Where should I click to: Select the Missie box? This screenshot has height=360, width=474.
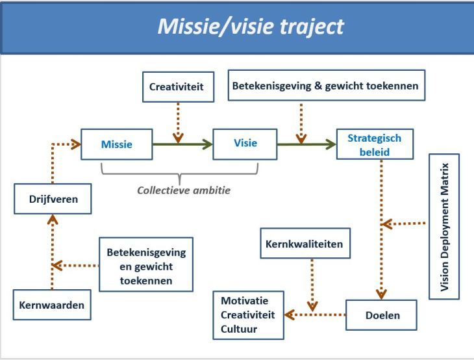coord(116,144)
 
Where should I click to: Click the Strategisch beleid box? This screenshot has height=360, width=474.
coord(374,144)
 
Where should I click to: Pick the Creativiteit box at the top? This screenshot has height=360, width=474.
coord(177,87)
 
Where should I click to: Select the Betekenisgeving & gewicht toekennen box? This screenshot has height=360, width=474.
coord(327,86)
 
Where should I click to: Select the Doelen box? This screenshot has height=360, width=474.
coord(380,315)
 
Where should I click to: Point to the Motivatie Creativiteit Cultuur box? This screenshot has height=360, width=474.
coord(247,315)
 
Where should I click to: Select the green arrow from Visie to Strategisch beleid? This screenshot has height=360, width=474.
coord(306,144)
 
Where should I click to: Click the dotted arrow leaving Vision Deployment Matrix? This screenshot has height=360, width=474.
coord(404,224)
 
